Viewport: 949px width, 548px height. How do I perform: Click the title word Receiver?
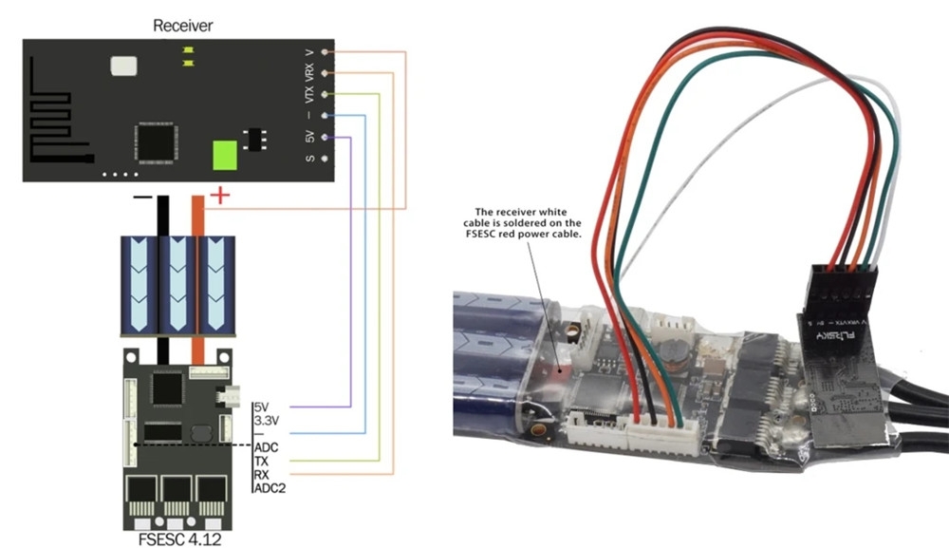[182, 26]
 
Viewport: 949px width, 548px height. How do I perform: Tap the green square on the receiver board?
[224, 154]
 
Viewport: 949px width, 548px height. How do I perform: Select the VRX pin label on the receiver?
[309, 72]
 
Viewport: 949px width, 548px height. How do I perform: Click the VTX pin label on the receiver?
[309, 95]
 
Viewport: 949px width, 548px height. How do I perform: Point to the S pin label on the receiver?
[309, 159]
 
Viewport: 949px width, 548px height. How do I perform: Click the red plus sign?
[219, 196]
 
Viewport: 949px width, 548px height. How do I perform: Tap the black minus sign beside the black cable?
[142, 197]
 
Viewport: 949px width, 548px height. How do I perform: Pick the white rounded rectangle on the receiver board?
[123, 66]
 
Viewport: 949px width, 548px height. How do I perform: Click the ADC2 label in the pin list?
[270, 487]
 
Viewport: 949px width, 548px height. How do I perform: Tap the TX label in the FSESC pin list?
[263, 460]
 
